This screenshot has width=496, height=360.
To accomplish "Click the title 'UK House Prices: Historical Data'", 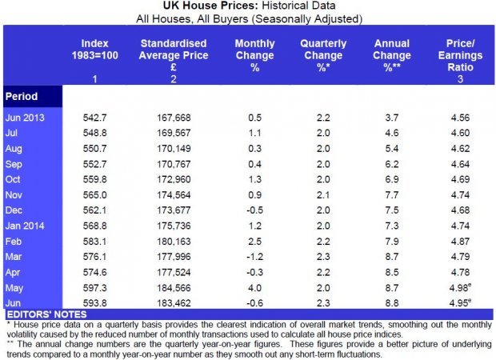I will (247, 6).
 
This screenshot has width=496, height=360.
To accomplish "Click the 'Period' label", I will (23, 96).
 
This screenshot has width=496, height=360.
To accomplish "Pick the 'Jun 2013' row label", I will (26, 118).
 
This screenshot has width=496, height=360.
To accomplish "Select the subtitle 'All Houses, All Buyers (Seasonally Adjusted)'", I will (247, 18).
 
